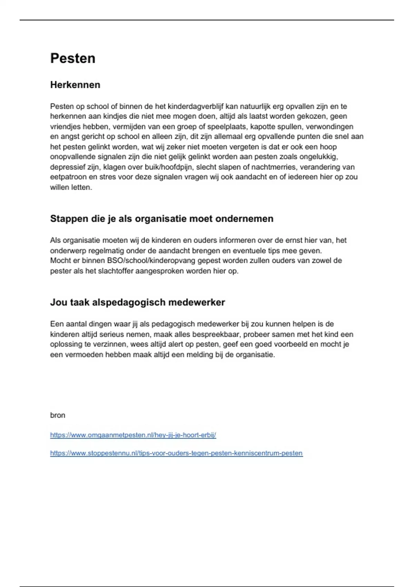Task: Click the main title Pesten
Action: tap(73, 58)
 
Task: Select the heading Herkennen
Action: tap(75, 85)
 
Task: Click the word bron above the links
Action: tap(58, 415)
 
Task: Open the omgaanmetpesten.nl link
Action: tap(133, 435)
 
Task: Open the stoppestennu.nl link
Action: tap(176, 453)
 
